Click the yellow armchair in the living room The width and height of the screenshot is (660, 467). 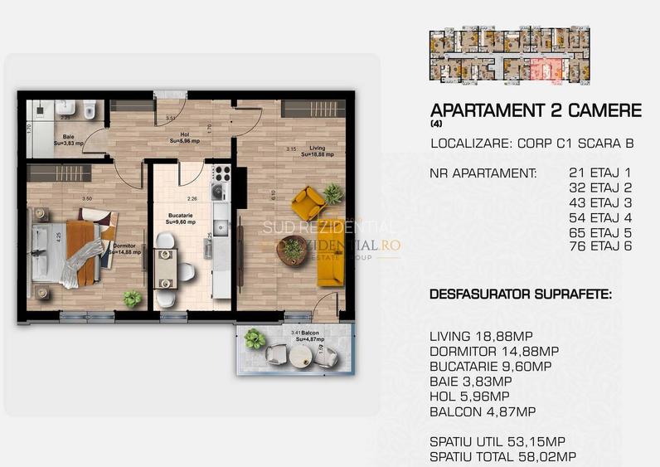click(308, 202)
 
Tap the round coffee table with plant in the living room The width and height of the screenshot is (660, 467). click(292, 249)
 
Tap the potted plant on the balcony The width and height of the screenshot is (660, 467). click(255, 338)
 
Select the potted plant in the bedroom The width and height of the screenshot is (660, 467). click(131, 298)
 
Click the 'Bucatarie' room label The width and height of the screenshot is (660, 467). click(181, 217)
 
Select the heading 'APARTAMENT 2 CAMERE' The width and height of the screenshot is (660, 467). click(536, 110)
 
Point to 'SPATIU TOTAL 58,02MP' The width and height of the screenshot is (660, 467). click(503, 457)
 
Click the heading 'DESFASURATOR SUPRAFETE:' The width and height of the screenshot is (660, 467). click(521, 294)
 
